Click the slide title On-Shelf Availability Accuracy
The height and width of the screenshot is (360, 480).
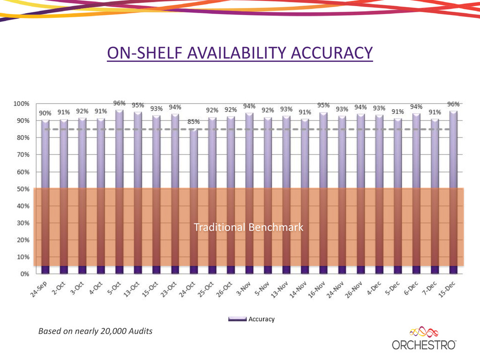pyautogui.click(x=240, y=52)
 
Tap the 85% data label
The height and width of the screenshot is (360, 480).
pyautogui.click(x=194, y=122)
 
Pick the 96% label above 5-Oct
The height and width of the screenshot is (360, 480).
pyautogui.click(x=120, y=103)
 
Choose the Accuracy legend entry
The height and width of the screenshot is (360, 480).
pyautogui.click(x=252, y=319)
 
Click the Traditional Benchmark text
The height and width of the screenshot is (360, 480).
pyautogui.click(x=248, y=227)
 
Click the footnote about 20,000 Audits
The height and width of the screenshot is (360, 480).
pyautogui.click(x=95, y=331)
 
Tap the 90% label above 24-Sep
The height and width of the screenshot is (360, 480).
pyautogui.click(x=45, y=113)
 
